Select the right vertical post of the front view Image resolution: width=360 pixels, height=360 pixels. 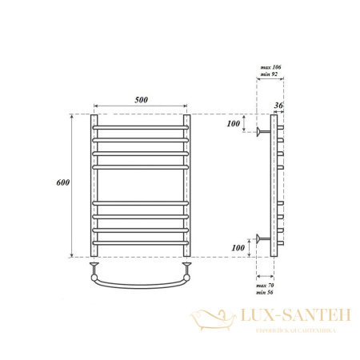189,184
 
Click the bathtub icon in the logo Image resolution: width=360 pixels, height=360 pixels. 210,320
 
